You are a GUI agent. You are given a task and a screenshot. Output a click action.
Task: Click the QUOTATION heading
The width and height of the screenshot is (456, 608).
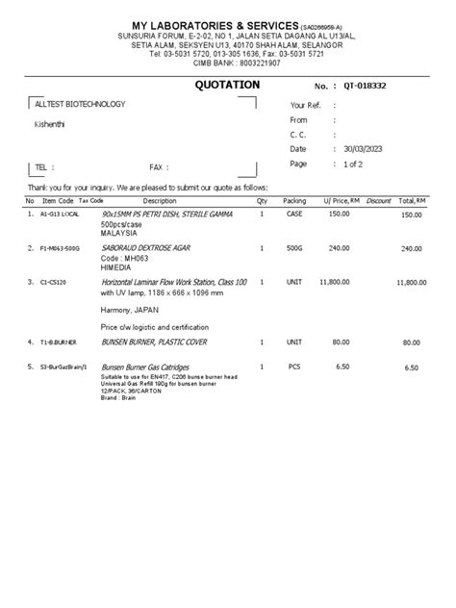[x=227, y=85]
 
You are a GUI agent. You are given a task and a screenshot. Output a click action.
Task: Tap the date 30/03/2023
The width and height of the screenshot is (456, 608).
[x=366, y=150]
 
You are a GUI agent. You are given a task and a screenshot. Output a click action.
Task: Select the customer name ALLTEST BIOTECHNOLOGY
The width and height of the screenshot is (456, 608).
[x=79, y=104]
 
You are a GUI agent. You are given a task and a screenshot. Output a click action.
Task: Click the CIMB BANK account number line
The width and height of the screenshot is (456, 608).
[x=227, y=63]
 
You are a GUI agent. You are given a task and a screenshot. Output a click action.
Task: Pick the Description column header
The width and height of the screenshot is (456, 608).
[x=159, y=201]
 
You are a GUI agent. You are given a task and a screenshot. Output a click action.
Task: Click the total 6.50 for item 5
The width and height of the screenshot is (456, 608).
[x=412, y=367]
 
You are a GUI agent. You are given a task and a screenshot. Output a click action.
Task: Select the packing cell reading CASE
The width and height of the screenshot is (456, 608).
[x=294, y=215]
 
